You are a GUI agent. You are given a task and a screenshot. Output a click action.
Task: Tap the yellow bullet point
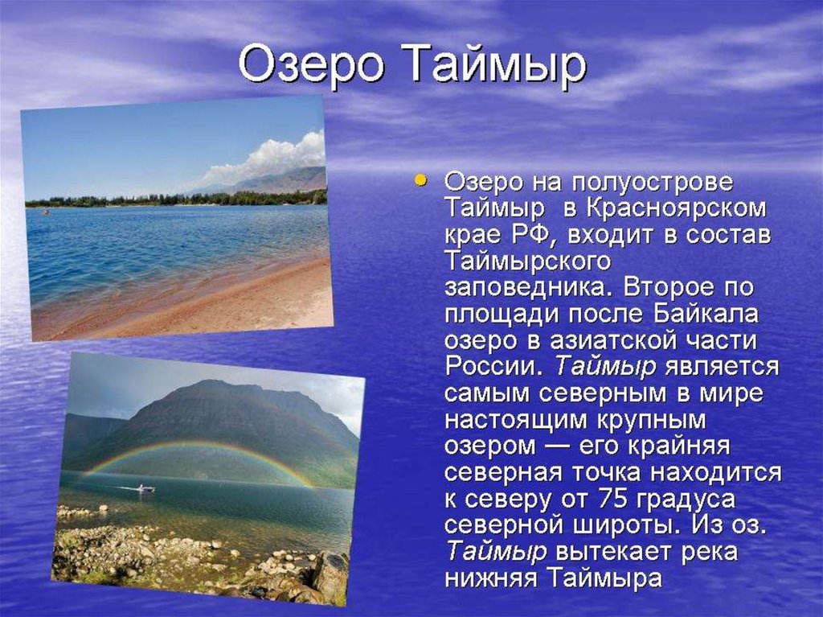(x=420, y=181)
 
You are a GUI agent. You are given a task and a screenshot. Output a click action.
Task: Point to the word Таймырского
(x=527, y=261)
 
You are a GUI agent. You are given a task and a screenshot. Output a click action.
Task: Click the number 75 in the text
(x=612, y=498)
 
